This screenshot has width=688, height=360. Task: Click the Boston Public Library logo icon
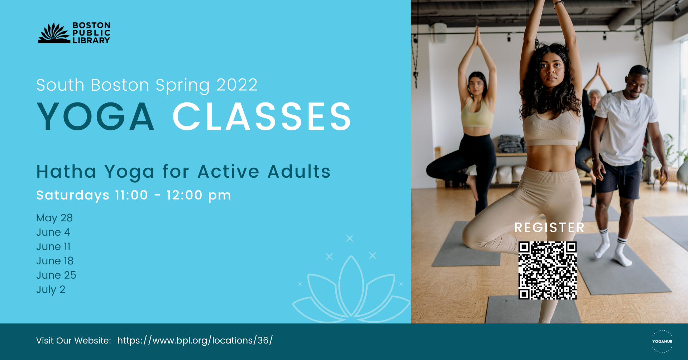[54, 33]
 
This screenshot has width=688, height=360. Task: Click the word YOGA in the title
[96, 116]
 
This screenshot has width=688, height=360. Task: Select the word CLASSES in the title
[262, 116]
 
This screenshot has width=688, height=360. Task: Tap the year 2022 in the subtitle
[237, 85]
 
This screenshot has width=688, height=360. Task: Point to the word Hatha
[66, 172]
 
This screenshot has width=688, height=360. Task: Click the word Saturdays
[73, 195]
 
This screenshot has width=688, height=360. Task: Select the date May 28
[54, 218]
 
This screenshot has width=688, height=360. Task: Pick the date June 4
[53, 232]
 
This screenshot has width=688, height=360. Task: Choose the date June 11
[53, 246]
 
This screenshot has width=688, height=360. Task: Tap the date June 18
[55, 261]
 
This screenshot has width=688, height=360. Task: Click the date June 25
[56, 275]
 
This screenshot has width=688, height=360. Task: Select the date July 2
[51, 289]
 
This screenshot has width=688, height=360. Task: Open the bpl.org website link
[195, 340]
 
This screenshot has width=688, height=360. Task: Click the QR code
[548, 270]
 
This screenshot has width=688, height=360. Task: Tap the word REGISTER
[549, 227]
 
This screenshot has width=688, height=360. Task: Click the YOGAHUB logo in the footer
[662, 341]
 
